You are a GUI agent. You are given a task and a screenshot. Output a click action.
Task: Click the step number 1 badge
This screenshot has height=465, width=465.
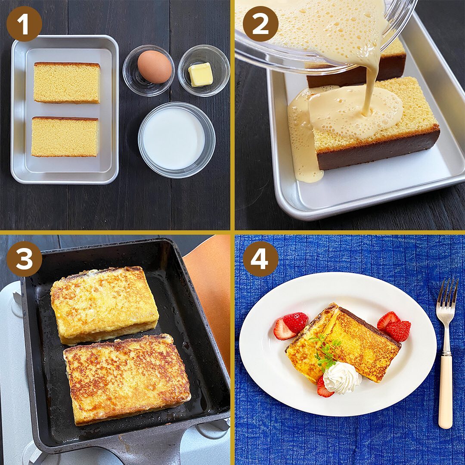[24, 24]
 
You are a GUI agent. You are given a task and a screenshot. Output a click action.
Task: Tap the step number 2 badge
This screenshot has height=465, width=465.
[260, 24]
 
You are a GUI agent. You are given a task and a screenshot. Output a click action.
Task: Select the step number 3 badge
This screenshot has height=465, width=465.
[24, 259]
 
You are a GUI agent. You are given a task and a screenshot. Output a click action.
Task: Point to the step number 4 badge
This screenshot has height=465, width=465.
[260, 259]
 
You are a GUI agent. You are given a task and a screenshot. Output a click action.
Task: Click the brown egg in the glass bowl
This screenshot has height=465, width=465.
[155, 67]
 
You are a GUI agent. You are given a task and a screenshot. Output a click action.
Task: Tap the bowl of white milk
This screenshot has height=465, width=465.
[177, 139]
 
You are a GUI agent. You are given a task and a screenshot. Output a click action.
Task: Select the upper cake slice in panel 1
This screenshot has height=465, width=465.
[67, 83]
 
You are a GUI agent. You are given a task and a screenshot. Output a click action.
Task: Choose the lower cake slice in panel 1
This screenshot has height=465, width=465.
[65, 137]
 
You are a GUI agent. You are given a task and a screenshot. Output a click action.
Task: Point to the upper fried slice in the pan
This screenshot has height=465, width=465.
[104, 305]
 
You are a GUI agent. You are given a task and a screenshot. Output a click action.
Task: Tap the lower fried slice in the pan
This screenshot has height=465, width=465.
[127, 379]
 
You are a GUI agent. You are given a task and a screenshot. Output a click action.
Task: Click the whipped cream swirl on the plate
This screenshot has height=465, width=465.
[341, 378]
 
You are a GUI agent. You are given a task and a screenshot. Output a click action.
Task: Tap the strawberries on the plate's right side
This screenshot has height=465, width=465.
[394, 326]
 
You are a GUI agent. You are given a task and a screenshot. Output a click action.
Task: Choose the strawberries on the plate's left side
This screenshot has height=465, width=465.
[291, 326]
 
